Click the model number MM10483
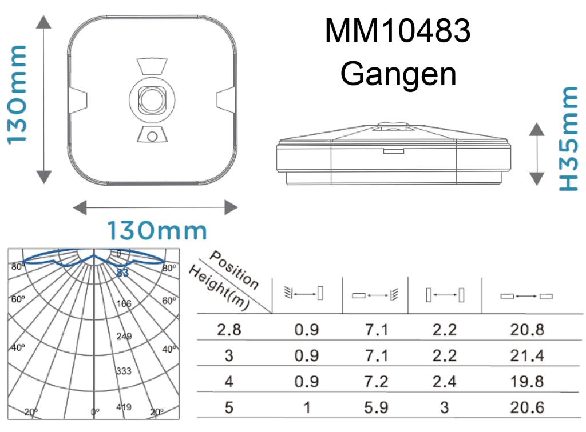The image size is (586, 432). (398, 31)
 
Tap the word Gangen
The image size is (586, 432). (398, 74)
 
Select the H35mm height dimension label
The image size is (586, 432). (568, 139)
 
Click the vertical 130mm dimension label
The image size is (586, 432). (17, 95)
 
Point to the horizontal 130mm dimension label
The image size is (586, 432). (157, 230)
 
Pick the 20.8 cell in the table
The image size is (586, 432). (527, 330)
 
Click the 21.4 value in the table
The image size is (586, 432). (527, 355)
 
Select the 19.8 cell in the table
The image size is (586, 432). (527, 382)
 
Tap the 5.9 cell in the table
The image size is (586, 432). (376, 407)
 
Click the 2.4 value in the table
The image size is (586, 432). (444, 382)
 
